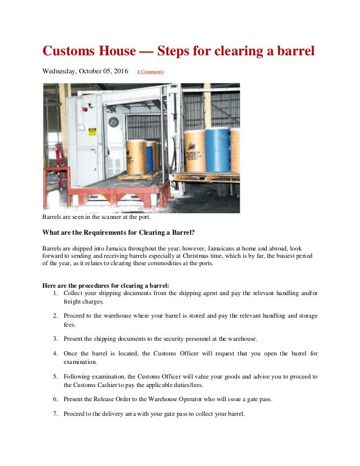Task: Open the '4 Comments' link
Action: pos(150,72)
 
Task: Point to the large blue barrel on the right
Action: pos(217,150)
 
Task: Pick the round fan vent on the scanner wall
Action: pos(113,122)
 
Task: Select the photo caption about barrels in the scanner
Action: pos(100,217)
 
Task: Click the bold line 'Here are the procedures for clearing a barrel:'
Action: pos(106,285)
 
